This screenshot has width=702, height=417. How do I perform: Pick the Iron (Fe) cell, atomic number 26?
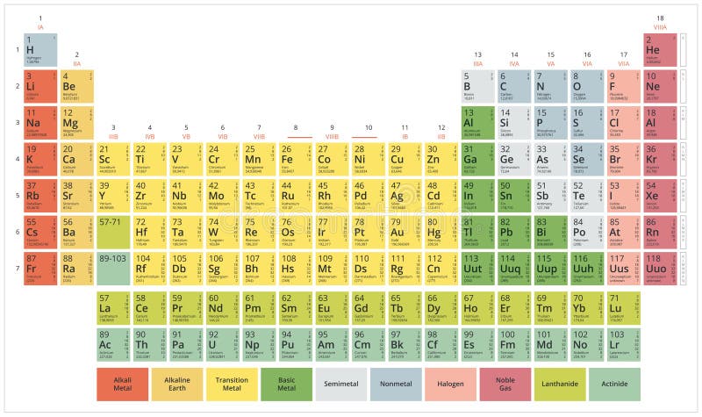click(296, 159)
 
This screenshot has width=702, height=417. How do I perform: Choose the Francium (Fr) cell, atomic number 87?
click(40, 268)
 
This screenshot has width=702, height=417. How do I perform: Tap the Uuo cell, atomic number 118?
click(660, 268)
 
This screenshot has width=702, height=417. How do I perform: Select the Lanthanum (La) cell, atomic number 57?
click(113, 309)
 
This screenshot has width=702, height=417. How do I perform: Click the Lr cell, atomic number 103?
click(623, 345)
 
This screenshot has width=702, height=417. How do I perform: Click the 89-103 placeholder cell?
click(113, 268)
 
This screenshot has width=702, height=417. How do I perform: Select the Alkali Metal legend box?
click(122, 384)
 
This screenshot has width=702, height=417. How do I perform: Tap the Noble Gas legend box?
click(505, 384)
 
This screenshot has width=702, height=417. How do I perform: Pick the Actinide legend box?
click(614, 384)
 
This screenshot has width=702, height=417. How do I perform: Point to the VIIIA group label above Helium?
click(660, 27)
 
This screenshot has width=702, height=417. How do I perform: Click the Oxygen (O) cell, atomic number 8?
click(587, 87)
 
